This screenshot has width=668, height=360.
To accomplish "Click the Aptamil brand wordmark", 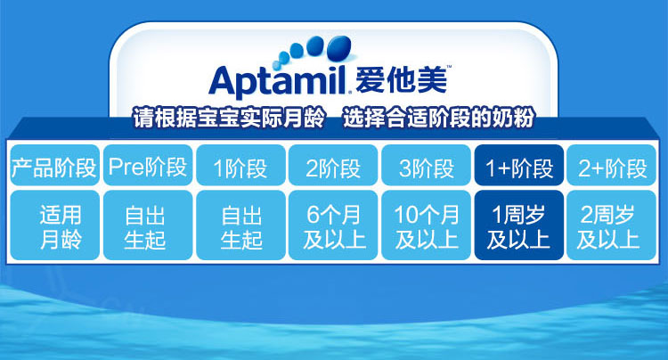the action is [278, 80].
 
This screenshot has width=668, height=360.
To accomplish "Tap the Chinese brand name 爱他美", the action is [401, 79].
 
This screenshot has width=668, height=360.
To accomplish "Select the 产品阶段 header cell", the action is [54, 166].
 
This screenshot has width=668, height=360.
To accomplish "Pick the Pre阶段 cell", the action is [148, 166].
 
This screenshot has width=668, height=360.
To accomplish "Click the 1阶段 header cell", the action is [240, 166].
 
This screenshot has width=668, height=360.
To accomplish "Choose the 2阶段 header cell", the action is [333, 166].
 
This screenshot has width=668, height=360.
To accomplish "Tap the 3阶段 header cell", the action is [426, 166].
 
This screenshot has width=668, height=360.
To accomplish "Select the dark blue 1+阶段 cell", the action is [519, 166].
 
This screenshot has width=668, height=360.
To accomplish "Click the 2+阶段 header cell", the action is [612, 166].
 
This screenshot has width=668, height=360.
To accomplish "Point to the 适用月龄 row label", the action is [54, 225].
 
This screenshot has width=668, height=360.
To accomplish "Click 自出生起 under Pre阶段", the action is [148, 225].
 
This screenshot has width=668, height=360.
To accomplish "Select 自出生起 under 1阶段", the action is [240, 225].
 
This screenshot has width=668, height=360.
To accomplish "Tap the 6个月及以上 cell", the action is [333, 225].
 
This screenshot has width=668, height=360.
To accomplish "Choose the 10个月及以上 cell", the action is [426, 225].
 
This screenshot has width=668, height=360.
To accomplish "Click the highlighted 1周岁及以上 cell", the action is [519, 225].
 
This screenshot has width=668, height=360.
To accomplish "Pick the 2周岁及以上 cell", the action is [612, 225].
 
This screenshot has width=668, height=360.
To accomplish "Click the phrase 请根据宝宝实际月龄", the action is [229, 118].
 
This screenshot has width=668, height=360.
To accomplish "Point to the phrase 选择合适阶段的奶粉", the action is [438, 118].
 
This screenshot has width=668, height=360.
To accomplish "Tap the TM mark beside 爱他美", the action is [448, 67].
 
